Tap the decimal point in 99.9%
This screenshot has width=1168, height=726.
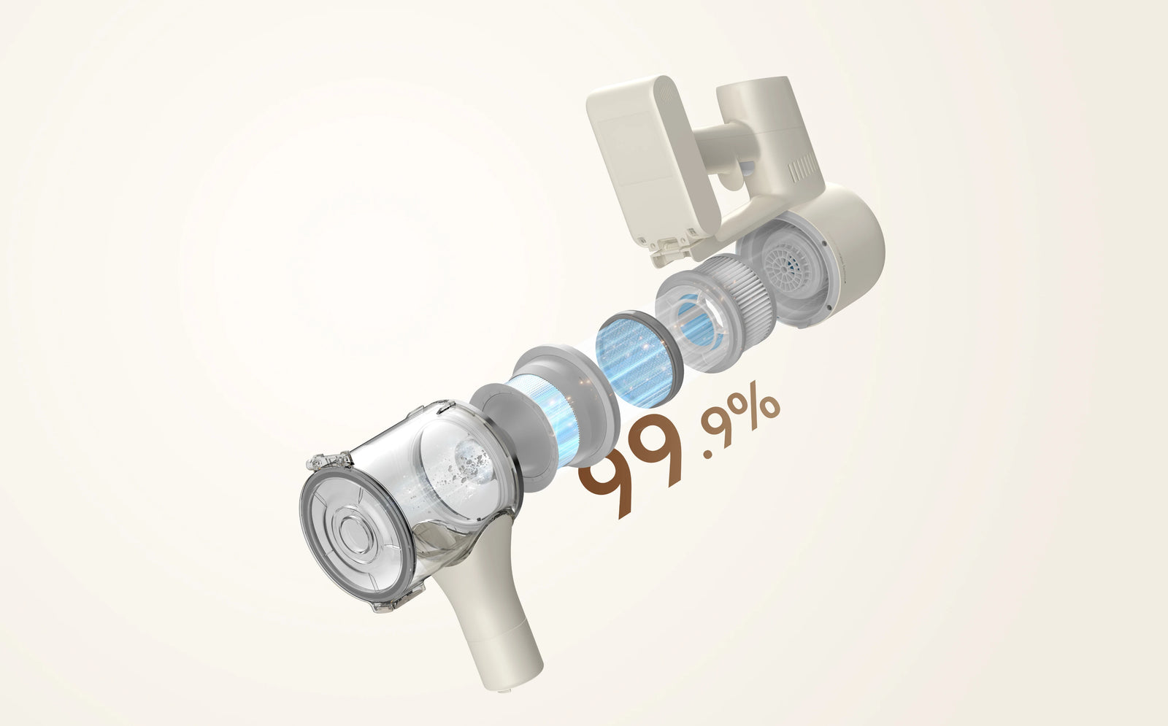[707, 455]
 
